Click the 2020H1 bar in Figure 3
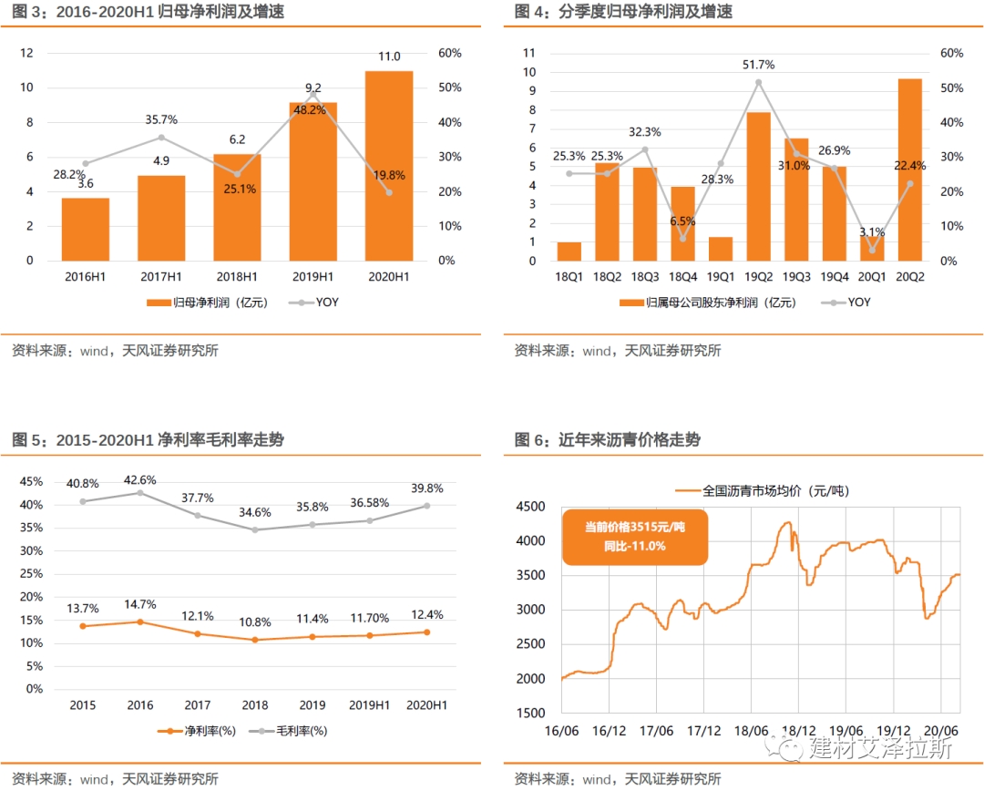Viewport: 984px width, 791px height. pos(389,165)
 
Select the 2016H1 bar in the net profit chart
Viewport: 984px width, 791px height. pos(86,229)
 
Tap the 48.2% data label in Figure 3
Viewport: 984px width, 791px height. pos(313,109)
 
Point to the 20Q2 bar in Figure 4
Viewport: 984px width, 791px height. pos(909,169)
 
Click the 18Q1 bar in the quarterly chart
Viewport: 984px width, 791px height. pos(569,251)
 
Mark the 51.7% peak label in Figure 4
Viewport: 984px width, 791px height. pos(758,65)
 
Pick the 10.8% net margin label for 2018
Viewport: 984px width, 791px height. pos(255,622)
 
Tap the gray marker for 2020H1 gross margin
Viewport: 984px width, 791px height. pos(426,506)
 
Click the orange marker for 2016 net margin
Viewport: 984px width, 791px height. pos(140,621)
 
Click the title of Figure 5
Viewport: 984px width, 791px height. pos(148,440)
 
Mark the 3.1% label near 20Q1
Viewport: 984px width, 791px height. pos(874,231)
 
